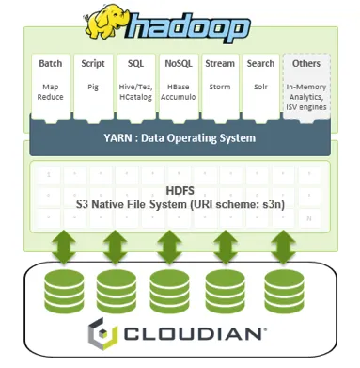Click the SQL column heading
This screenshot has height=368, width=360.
[133, 64]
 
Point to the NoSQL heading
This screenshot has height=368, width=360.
[178, 64]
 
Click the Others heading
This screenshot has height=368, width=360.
[305, 64]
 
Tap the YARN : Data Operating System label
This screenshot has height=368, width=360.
[181, 137]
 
